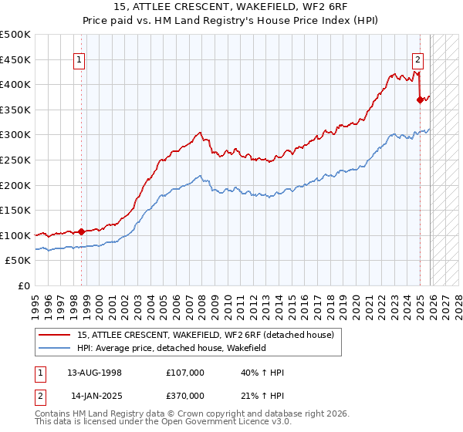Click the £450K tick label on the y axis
coord(15,59)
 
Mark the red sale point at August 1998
coord(82,231)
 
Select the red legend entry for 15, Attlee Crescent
coord(205,335)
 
